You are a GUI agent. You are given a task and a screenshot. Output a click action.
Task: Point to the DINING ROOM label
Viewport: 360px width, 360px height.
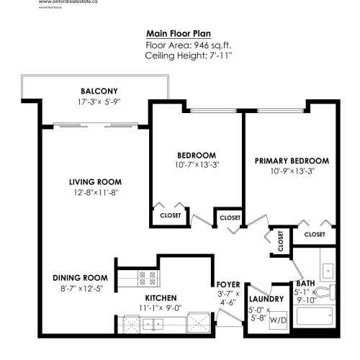tap(80, 277)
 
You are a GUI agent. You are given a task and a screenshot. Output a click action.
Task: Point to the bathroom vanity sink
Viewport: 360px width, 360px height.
tap(328, 269)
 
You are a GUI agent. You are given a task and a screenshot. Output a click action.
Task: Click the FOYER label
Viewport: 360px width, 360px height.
tap(228, 284)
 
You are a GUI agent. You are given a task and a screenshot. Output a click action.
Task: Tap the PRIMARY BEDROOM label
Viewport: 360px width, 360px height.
tap(292, 161)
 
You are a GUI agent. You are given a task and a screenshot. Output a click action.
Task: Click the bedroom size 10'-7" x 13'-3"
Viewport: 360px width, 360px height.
tap(197, 165)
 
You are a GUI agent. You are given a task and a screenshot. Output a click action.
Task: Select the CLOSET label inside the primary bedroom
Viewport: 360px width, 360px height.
tap(314, 234)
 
